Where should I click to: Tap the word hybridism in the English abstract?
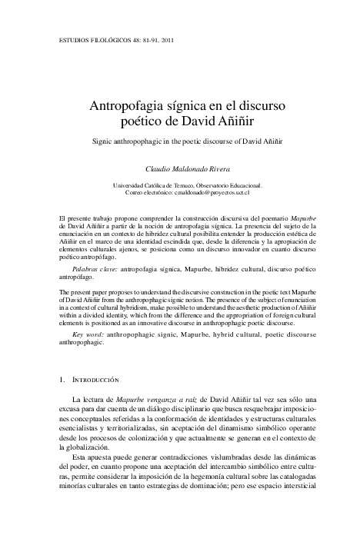(x=148, y=308)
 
